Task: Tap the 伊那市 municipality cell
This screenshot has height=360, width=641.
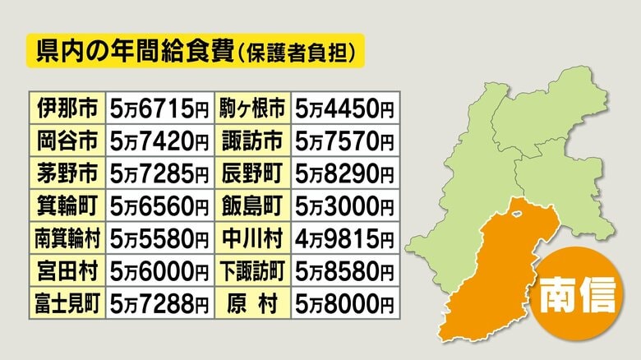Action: click(x=67, y=108)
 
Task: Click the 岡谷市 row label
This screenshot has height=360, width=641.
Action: click(x=67, y=141)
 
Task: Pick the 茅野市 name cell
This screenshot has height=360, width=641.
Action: click(x=67, y=173)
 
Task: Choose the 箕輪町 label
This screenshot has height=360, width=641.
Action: click(x=67, y=205)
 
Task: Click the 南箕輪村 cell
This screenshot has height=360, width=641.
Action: click(x=67, y=238)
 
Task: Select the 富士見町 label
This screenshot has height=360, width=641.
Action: click(x=67, y=303)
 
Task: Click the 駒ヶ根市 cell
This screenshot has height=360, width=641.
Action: click(x=253, y=108)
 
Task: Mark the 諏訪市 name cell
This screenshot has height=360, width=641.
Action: click(x=253, y=141)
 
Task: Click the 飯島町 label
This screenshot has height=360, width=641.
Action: click(x=253, y=205)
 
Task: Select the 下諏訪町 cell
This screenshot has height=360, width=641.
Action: click(x=253, y=270)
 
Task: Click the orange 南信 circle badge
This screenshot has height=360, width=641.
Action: click(x=577, y=293)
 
